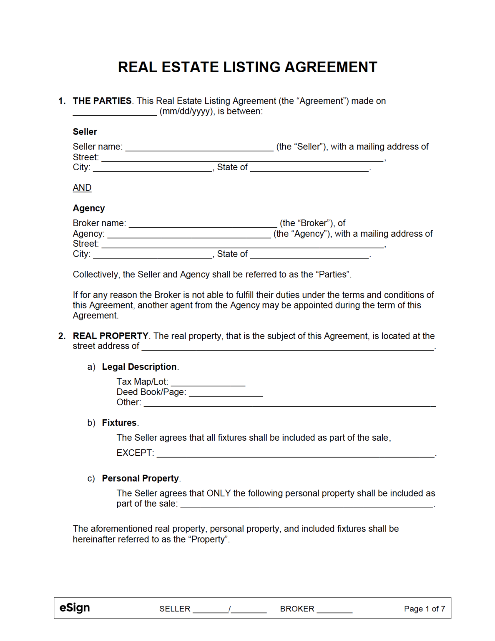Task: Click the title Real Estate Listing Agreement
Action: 247,67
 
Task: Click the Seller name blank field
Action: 199,148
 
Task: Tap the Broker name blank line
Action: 203,224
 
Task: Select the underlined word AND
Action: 82,188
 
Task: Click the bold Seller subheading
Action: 85,132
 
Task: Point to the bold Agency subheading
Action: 89,208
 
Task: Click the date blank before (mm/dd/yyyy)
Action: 115,112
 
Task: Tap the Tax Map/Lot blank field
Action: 208,383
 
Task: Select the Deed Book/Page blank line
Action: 226,393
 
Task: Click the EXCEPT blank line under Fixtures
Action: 295,454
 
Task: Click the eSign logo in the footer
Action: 75,608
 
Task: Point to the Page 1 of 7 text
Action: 424,609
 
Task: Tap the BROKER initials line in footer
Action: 334,610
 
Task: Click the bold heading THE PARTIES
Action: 102,101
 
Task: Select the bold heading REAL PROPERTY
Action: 111,336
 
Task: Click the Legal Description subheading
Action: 139,367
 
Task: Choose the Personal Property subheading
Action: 140,478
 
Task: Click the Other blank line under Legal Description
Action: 289,404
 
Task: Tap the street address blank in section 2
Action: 288,347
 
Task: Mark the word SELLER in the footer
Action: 175,609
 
